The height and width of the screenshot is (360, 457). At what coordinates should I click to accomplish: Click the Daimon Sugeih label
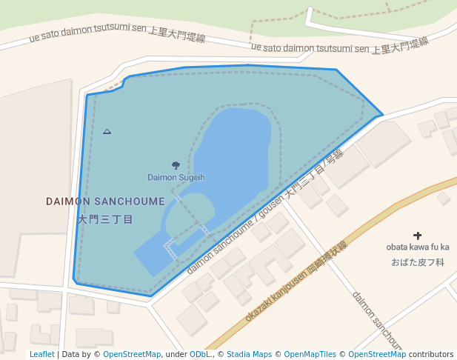click(x=176, y=178)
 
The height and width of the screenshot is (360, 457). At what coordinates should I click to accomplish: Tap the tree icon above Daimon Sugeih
click(x=176, y=166)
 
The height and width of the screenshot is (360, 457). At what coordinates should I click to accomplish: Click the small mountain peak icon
click(x=107, y=131)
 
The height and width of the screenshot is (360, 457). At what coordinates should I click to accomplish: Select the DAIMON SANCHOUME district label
click(x=105, y=201)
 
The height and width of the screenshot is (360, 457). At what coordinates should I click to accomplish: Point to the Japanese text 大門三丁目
click(x=105, y=219)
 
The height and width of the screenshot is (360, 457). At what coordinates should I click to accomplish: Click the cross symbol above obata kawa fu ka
click(x=417, y=235)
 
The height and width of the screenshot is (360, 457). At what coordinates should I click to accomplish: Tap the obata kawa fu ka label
click(x=418, y=247)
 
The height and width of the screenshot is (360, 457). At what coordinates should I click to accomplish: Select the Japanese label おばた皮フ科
click(x=418, y=262)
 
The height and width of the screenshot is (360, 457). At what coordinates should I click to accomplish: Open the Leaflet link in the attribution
click(x=41, y=355)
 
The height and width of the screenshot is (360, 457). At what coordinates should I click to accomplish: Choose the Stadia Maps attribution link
click(x=249, y=355)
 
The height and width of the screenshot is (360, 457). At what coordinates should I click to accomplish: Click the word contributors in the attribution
click(x=431, y=355)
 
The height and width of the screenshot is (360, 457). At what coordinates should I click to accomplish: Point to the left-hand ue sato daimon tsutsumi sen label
click(x=116, y=34)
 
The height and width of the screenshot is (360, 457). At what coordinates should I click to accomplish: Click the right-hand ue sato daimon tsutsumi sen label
click(x=339, y=46)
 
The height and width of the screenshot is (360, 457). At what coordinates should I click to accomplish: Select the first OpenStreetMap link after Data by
click(x=132, y=355)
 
